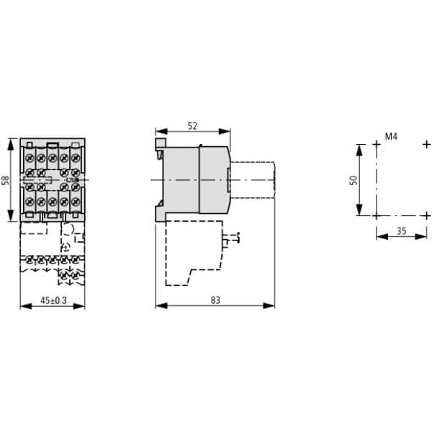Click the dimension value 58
6,180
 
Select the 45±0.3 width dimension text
53,300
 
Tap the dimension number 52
192,126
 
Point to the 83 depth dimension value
215,300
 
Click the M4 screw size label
391,136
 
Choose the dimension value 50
354,180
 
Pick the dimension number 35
402,231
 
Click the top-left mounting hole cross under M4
377,144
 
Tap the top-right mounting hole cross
427,144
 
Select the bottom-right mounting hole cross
427,215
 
